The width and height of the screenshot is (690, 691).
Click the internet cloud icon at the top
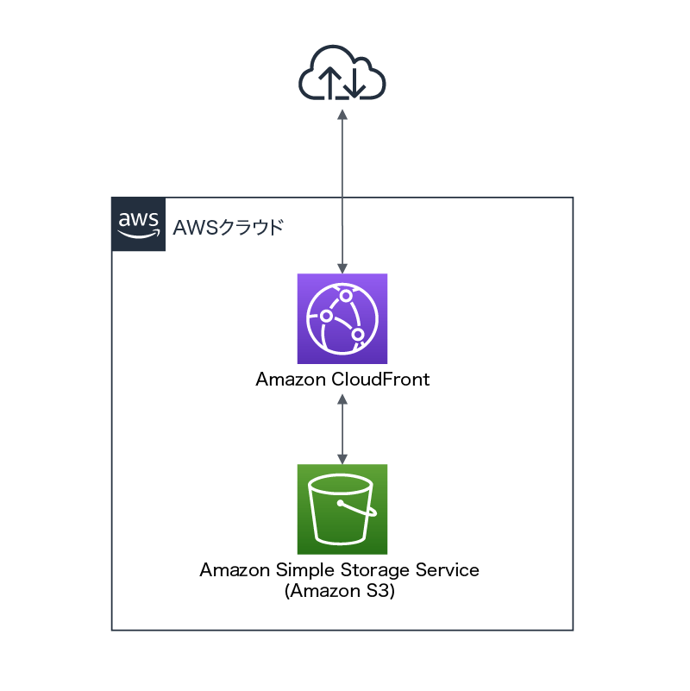(x=342, y=76)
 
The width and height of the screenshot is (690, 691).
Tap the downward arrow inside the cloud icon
(x=354, y=84)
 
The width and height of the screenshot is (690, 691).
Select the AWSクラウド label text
(x=228, y=229)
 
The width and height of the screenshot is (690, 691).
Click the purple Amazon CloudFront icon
(x=342, y=318)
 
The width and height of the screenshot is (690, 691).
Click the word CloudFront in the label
(x=380, y=380)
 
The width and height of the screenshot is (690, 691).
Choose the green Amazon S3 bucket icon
(x=342, y=509)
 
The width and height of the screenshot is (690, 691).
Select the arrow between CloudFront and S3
(x=342, y=428)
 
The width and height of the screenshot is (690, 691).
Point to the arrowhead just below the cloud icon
(x=342, y=115)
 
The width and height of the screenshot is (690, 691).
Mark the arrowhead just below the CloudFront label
(x=342, y=399)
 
